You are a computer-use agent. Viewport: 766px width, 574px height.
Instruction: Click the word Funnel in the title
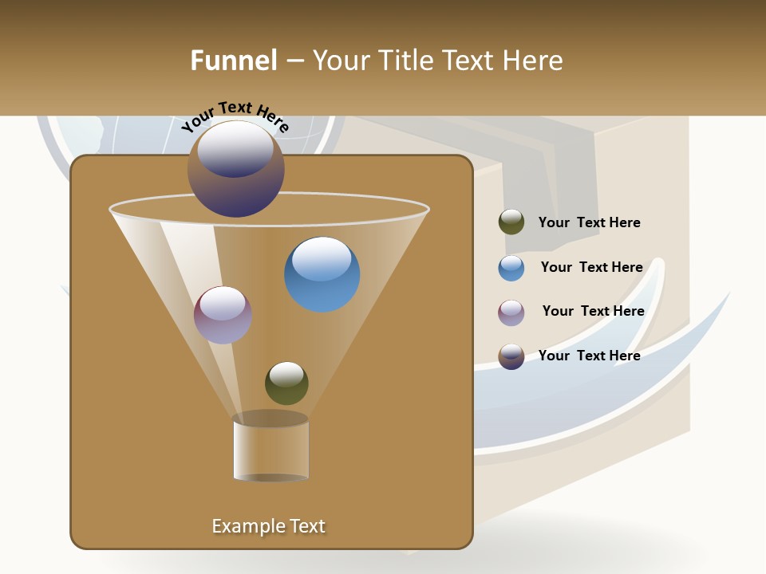(233, 61)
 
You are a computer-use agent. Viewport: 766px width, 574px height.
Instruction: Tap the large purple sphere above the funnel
(235, 170)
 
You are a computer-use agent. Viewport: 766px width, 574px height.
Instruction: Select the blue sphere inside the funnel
(322, 275)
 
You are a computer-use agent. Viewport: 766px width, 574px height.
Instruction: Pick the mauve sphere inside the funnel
(223, 316)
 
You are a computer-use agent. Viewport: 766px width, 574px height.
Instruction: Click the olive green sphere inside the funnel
(286, 383)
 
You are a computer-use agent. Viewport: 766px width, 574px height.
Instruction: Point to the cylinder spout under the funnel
(270, 448)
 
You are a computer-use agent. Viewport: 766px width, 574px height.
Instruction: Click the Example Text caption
(268, 526)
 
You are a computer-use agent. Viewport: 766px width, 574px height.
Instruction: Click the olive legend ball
(511, 222)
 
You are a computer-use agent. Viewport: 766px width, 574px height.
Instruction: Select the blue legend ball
(511, 267)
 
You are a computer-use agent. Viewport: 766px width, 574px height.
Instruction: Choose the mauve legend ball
(511, 312)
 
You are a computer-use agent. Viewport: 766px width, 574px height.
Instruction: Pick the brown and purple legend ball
(511, 356)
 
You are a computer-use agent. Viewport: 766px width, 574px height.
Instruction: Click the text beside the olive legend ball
(589, 222)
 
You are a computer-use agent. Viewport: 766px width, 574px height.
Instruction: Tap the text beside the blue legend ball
(591, 267)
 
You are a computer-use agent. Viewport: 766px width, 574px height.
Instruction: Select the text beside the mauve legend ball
(593, 311)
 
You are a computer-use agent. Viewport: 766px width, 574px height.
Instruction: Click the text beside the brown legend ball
(589, 356)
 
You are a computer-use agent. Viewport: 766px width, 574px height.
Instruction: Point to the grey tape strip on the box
(551, 191)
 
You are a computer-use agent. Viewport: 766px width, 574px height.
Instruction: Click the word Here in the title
(532, 61)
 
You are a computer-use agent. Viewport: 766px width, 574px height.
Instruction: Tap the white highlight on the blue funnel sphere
(322, 258)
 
